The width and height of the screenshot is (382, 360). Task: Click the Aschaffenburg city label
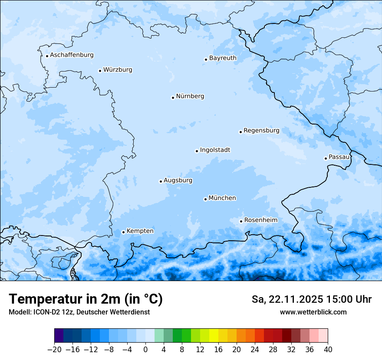(x=72, y=55)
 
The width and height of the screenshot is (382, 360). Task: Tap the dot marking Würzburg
(x=100, y=71)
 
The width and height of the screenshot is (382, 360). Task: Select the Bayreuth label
(x=223, y=58)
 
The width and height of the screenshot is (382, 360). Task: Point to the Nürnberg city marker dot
(x=173, y=98)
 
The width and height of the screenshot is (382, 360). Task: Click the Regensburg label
(x=261, y=131)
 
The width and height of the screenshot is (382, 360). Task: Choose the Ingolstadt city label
(x=215, y=150)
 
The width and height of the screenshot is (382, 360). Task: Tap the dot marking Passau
(x=326, y=158)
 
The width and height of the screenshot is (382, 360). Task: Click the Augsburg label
(x=178, y=180)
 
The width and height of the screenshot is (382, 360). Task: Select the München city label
(x=222, y=198)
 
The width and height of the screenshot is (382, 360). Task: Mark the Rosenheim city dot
(x=241, y=221)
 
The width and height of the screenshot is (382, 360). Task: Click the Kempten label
(x=140, y=231)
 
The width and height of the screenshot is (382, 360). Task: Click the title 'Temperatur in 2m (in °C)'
(x=86, y=299)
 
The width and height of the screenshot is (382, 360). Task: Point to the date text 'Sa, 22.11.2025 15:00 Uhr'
(x=311, y=299)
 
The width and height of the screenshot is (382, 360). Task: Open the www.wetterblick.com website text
(x=313, y=312)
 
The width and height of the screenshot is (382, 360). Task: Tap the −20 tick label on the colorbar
(x=55, y=350)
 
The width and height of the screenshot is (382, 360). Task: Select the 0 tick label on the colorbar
(x=145, y=350)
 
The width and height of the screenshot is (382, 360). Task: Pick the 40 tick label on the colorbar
(x=328, y=350)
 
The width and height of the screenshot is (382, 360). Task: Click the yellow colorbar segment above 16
(x=214, y=336)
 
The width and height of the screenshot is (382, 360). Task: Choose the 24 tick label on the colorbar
(x=255, y=350)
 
